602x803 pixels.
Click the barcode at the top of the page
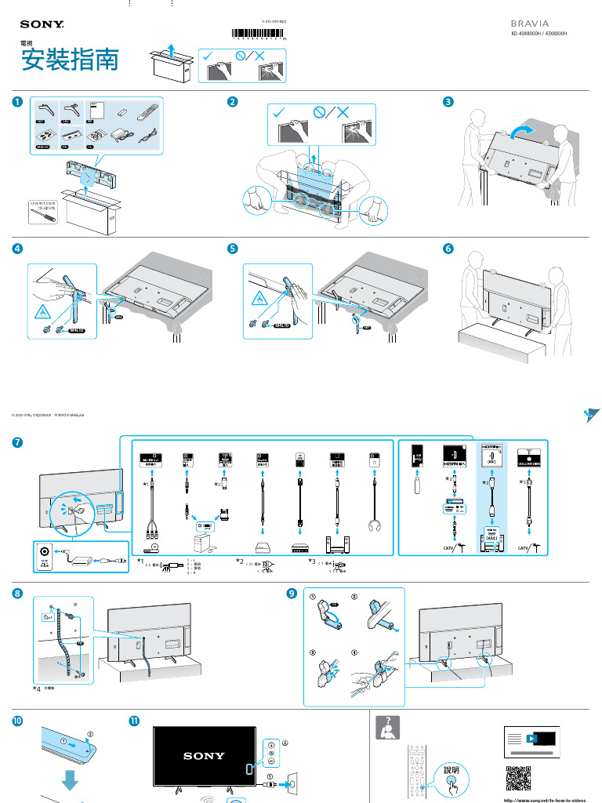(259, 33)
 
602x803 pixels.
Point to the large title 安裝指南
(69, 62)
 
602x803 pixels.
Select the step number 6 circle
(448, 249)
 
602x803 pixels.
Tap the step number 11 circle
(134, 720)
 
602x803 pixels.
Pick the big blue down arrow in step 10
(71, 781)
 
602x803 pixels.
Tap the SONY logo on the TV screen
(204, 756)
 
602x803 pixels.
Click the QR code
(519, 779)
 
